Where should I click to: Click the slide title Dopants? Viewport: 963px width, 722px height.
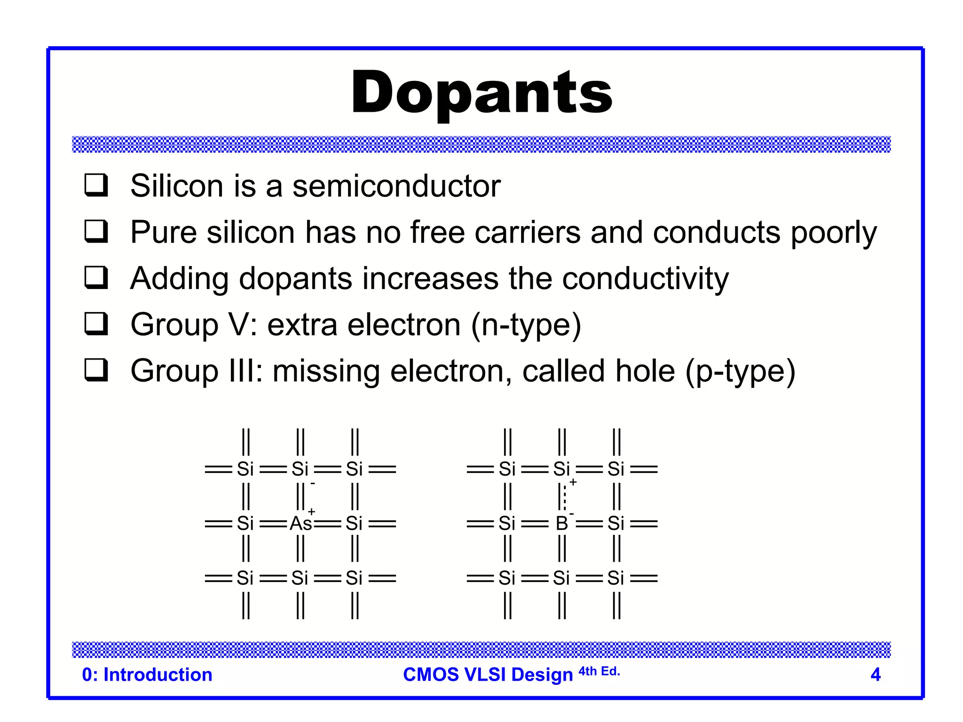481,93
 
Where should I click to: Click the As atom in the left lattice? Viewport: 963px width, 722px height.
300,523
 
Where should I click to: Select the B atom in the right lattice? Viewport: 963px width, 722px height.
561,523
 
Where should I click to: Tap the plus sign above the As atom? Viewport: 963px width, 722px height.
311,511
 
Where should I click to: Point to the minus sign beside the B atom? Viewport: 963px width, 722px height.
571,513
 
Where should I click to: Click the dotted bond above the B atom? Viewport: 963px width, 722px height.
565,496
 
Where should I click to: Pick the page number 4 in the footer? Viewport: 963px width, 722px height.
875,675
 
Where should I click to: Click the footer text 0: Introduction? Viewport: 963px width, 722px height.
147,675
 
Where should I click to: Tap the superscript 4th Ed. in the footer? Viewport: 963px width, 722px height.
599,671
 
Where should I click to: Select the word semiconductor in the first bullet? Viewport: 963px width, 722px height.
396,186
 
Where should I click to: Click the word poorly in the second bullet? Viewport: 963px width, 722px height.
833,232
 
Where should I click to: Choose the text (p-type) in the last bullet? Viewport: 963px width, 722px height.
740,371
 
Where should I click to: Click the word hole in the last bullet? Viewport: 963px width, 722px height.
645,371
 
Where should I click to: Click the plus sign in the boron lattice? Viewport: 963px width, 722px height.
573,482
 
